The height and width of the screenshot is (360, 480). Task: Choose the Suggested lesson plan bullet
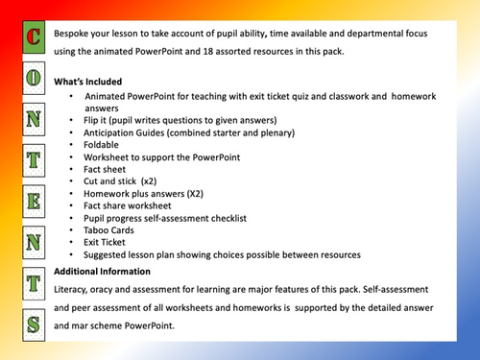(x=221, y=255)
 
